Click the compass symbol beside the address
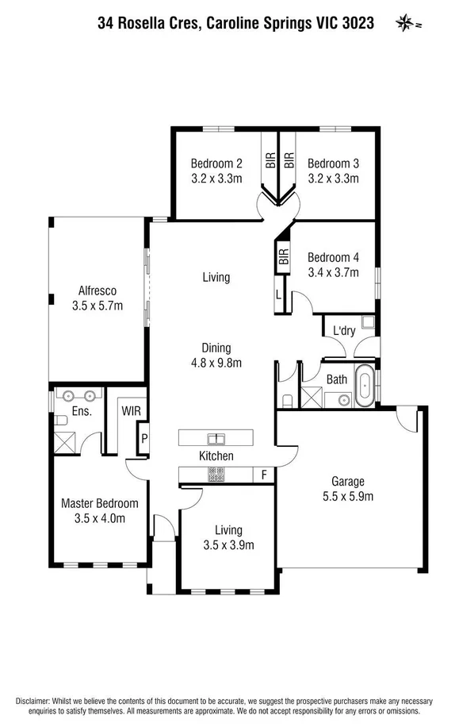tap(404, 23)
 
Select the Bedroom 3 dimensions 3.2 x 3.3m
tap(334, 179)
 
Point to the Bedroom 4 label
tap(334, 257)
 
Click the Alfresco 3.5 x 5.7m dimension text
tap(98, 305)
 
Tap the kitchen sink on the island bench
tap(216, 437)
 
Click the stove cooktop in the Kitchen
tap(216, 475)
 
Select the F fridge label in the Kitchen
tap(264, 475)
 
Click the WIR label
tap(130, 411)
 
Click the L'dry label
tap(343, 330)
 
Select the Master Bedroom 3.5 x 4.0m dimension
tap(100, 518)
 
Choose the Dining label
tap(216, 348)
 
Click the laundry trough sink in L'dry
tap(369, 322)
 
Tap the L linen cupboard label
tap(279, 293)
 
